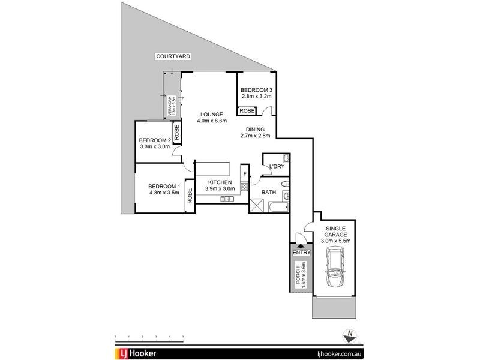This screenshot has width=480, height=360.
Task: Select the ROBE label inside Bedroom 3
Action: (247, 111)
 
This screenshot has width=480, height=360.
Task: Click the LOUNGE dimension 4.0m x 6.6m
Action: (211, 121)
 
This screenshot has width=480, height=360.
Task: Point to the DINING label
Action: (256, 128)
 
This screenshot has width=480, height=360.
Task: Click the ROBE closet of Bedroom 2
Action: (178, 131)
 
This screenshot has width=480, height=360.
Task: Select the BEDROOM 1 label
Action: (164, 185)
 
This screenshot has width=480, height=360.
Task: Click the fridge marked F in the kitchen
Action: (245, 174)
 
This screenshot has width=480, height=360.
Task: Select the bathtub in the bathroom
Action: (278, 208)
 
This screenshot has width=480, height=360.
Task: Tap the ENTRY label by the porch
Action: (301, 253)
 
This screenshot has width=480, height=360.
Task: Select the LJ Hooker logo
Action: (136, 353)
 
